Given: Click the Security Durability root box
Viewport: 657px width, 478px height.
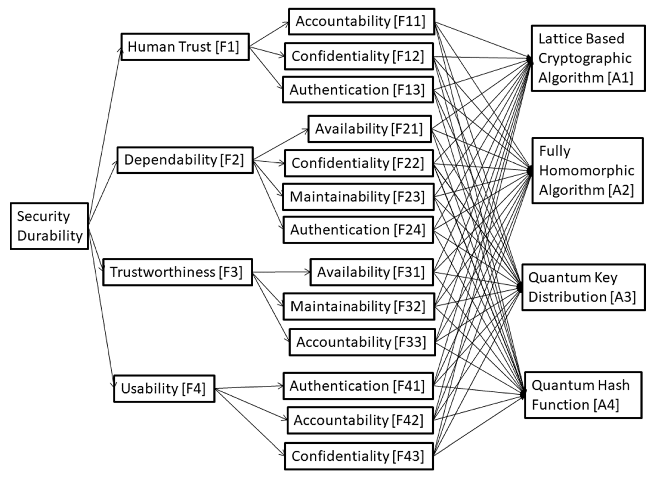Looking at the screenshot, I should [49, 226].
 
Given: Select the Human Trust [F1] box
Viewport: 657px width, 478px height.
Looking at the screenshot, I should [185, 47].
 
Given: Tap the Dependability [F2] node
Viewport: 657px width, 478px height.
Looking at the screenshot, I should [185, 160].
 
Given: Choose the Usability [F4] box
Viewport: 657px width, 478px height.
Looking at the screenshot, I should [164, 388].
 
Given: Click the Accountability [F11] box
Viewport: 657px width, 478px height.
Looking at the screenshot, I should [361, 21].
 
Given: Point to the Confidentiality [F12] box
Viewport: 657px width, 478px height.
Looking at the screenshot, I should [359, 56].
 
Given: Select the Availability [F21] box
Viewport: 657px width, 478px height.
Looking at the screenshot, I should [369, 129].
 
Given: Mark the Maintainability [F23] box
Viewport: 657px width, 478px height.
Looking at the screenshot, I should [358, 197].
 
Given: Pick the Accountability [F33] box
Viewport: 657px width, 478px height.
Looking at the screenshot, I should [362, 342].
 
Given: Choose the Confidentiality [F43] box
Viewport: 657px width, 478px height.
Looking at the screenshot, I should [359, 456].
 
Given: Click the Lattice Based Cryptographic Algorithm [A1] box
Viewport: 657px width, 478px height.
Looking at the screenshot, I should [588, 58].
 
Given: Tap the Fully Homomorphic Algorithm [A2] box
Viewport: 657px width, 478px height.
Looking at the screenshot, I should [588, 171].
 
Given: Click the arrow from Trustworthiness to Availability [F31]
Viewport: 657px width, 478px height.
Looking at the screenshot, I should [281, 272].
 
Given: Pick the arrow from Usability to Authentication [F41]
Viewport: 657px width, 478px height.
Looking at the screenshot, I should [249, 387].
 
